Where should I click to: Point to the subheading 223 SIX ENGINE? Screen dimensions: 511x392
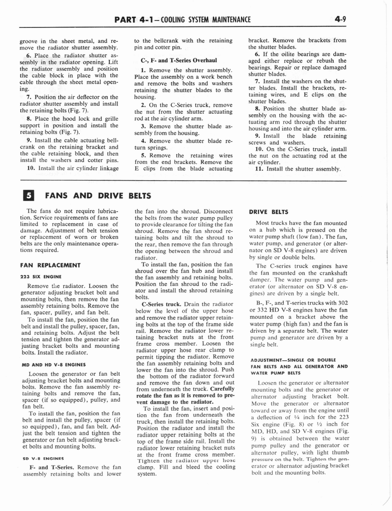[40, 275]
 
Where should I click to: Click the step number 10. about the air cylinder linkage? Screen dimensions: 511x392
[30, 168]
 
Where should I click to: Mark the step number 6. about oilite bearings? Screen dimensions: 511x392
[258, 54]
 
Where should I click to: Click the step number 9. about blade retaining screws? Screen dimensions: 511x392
[258, 135]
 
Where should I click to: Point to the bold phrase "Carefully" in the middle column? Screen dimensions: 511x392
[222, 388]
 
